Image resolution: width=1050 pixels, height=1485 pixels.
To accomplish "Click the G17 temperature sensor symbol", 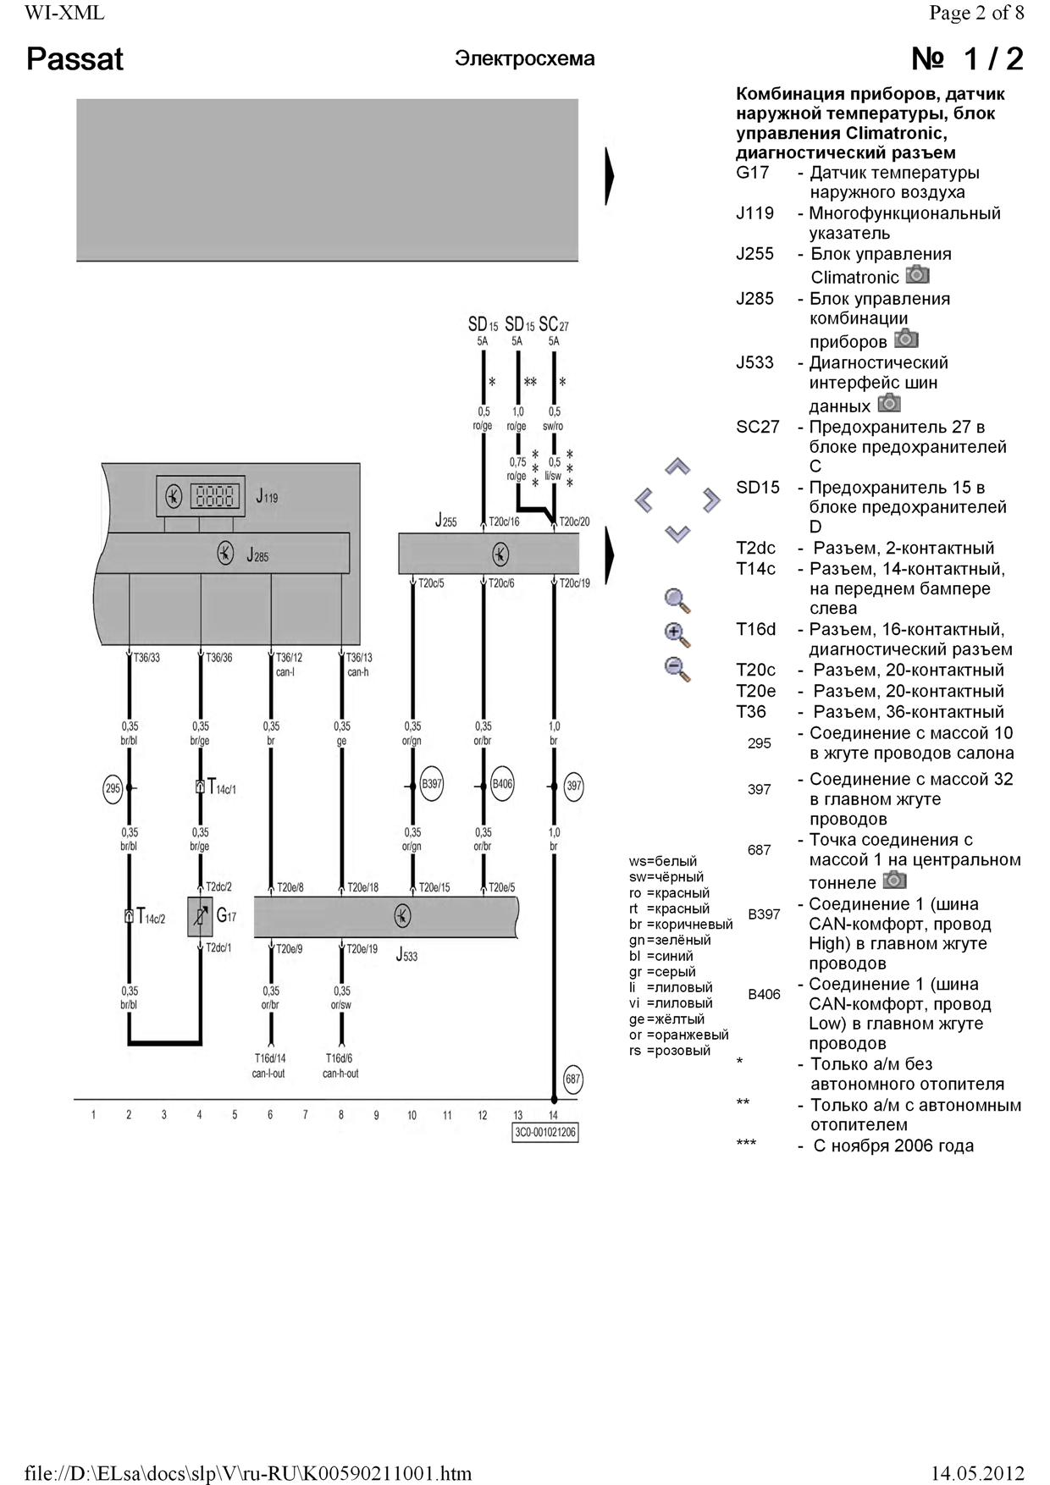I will click(x=201, y=916).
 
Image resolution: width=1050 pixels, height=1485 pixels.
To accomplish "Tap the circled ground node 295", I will click(x=113, y=788).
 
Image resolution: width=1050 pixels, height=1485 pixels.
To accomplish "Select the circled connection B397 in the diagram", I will click(x=432, y=784).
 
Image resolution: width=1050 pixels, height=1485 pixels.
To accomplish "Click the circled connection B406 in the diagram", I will click(x=503, y=784).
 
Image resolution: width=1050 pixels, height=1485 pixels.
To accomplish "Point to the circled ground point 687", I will click(x=573, y=1079).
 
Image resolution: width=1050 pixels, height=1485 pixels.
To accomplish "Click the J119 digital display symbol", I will click(x=213, y=496).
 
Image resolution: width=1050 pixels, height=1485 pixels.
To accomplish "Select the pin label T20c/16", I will click(x=504, y=522).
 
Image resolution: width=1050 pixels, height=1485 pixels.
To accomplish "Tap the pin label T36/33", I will click(x=146, y=657).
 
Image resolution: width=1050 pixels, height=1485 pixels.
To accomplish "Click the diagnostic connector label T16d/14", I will click(x=270, y=1057).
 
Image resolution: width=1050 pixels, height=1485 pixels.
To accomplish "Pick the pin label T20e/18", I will click(x=362, y=887).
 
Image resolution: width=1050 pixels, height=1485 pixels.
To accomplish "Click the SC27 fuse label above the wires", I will click(x=554, y=324).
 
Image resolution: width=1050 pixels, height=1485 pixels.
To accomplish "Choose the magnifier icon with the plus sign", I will click(x=677, y=635).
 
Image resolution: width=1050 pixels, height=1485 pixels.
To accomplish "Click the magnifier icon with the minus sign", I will click(x=677, y=669).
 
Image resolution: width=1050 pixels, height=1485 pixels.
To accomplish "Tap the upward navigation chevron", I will click(x=677, y=466).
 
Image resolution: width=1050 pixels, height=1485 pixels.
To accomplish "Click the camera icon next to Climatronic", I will click(x=917, y=275).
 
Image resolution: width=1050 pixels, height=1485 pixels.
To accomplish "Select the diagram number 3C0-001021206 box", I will click(x=545, y=1132).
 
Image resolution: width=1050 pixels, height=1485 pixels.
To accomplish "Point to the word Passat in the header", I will click(x=75, y=59).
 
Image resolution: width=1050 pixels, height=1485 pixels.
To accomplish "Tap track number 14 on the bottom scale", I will click(x=553, y=1115).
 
